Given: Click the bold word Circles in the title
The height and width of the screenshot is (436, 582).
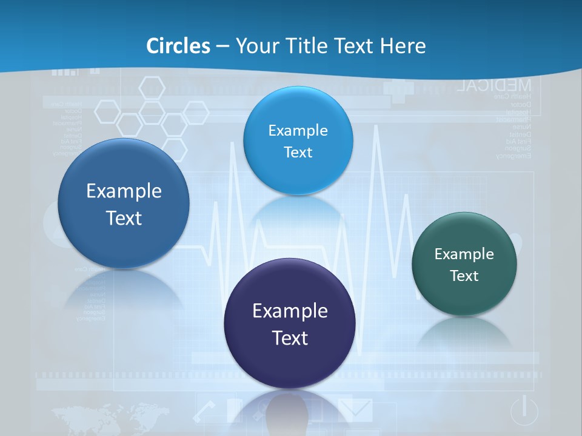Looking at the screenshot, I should coord(178,46).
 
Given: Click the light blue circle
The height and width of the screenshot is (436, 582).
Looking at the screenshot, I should coord(298,140).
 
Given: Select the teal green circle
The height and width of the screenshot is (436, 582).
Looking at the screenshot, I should coord(464,264).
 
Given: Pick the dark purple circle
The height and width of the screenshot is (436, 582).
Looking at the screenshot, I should coord(290,323).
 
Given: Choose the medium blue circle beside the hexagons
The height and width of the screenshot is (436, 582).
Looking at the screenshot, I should coord(124,203).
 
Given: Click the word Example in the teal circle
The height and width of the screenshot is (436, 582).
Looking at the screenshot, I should coord(464,254).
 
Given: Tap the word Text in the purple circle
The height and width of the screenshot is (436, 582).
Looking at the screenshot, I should coord(290,338).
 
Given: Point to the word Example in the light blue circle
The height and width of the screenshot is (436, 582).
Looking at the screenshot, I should coord(298,130).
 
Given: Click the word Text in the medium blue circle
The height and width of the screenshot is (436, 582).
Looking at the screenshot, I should coord(124,218).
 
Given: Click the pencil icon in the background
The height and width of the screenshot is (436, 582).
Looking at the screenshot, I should coord(205,412).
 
